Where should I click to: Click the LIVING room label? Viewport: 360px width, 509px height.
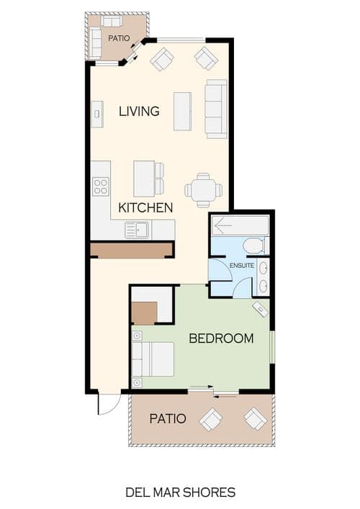coord(139,112)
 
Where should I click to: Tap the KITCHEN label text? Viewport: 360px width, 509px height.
coord(145,208)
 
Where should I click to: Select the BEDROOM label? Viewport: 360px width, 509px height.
coord(221,338)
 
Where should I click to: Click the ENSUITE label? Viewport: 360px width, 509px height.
coord(242,266)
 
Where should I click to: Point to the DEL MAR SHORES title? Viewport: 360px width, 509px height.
coord(181,492)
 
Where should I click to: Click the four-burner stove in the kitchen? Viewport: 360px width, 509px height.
coord(100,186)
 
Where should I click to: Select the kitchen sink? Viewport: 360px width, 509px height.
coord(137,230)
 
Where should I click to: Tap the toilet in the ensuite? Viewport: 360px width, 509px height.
coord(254,246)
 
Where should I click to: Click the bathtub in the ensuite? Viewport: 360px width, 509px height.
coord(240,225)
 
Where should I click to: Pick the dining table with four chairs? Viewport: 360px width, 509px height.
coord(204,190)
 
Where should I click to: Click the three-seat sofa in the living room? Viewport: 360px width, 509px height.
coord(216,109)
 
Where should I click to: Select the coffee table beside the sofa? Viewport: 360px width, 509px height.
coord(182,112)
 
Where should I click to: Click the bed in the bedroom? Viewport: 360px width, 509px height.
coord(153,359)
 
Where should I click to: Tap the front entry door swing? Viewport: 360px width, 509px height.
coord(109,404)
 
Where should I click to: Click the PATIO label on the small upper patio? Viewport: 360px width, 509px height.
coord(119,38)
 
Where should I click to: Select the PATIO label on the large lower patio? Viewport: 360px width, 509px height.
coord(168,418)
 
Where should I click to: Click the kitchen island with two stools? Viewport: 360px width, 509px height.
coord(148,179)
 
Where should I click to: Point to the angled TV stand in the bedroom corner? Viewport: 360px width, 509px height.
coord(261,309)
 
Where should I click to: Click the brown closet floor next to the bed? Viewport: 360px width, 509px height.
coord(145,313)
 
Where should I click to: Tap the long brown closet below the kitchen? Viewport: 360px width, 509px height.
coord(131,251)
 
